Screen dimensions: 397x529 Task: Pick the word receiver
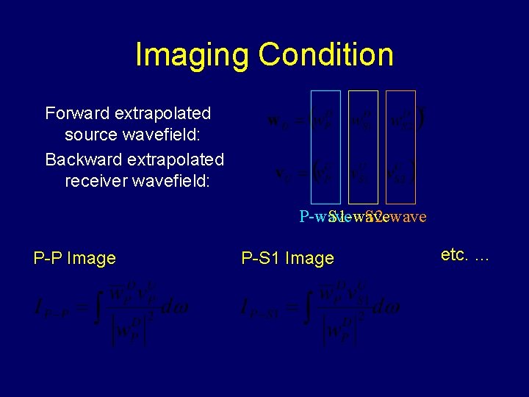coord(95,181)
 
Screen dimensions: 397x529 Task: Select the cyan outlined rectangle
coord(325,146)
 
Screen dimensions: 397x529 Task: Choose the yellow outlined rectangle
coord(363,146)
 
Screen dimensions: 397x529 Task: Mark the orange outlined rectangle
coord(400,146)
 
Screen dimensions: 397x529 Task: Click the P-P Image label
coord(74,258)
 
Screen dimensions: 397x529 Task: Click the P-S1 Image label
coord(287,258)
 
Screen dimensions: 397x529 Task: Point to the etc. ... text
coord(465,255)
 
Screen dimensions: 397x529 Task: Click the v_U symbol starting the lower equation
coord(280,174)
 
